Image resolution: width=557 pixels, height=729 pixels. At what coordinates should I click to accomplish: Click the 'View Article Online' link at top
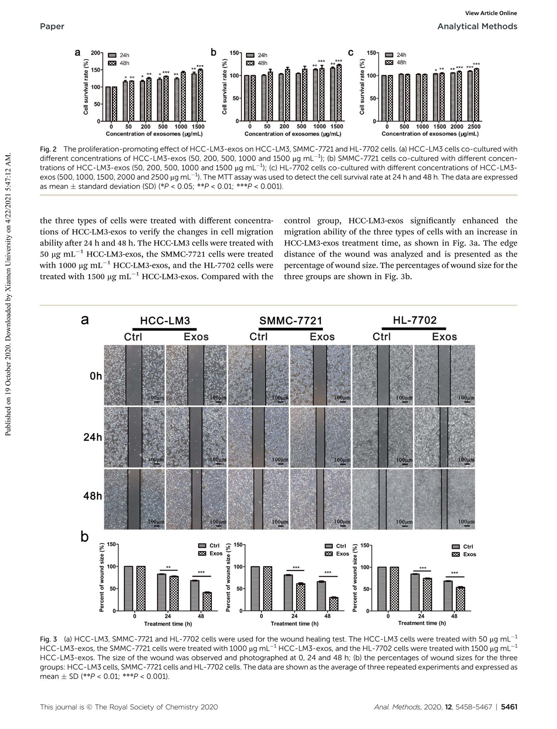tap(491, 13)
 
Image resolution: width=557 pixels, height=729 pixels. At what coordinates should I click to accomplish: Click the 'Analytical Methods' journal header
tap(477, 26)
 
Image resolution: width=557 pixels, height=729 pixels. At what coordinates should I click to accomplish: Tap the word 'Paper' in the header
tap(52, 26)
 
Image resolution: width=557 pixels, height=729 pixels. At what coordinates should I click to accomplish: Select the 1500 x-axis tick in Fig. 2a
tap(198, 127)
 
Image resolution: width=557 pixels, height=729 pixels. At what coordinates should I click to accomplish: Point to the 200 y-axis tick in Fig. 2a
tap(95, 53)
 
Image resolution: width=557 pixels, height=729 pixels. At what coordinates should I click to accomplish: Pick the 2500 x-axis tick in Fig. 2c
tap(474, 127)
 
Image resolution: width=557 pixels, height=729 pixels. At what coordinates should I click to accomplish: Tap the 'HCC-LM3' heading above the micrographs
tap(165, 321)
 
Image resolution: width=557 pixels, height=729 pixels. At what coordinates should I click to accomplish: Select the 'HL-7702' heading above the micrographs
tap(415, 320)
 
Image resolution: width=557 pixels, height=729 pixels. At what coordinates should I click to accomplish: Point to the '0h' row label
tap(96, 376)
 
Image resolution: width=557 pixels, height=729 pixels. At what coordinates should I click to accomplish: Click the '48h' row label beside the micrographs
tap(93, 496)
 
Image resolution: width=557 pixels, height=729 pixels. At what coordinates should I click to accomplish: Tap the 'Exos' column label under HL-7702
tap(444, 337)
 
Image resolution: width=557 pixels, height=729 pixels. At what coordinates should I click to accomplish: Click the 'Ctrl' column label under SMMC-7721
tap(259, 337)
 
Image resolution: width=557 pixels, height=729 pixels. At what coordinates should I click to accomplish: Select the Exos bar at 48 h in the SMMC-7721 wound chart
tap(333, 604)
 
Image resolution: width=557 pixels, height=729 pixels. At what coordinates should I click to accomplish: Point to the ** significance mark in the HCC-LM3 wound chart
tap(168, 567)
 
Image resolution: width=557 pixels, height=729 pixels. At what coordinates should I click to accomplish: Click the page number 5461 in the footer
tap(509, 707)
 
